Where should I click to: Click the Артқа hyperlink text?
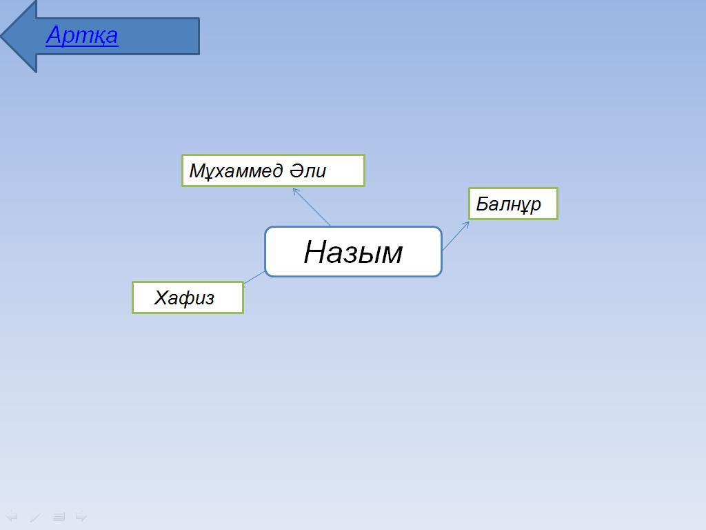[82, 35]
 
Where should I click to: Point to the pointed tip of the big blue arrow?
[1, 36]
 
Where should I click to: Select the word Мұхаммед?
[236, 171]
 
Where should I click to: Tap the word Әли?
[307, 171]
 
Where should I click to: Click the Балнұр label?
[508, 204]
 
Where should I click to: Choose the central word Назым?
[353, 252]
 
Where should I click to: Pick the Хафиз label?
[184, 298]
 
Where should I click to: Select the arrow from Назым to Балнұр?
[456, 235]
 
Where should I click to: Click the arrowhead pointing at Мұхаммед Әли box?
[296, 192]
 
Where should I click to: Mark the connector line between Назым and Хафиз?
[254, 277]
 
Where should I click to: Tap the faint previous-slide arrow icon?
[12, 516]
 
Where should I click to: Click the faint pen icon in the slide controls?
[35, 517]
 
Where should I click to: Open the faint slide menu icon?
[59, 517]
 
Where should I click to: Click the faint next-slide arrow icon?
[81, 516]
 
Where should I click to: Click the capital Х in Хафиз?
[162, 298]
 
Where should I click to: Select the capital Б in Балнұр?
[483, 204]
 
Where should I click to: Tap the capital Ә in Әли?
[296, 170]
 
